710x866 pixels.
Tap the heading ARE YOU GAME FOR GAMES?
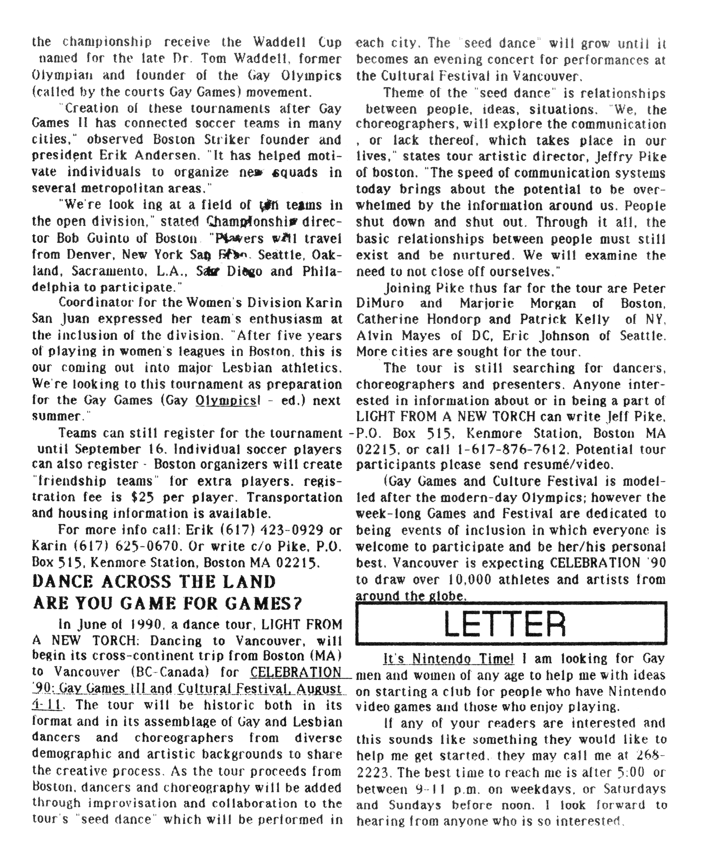[x=167, y=603]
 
